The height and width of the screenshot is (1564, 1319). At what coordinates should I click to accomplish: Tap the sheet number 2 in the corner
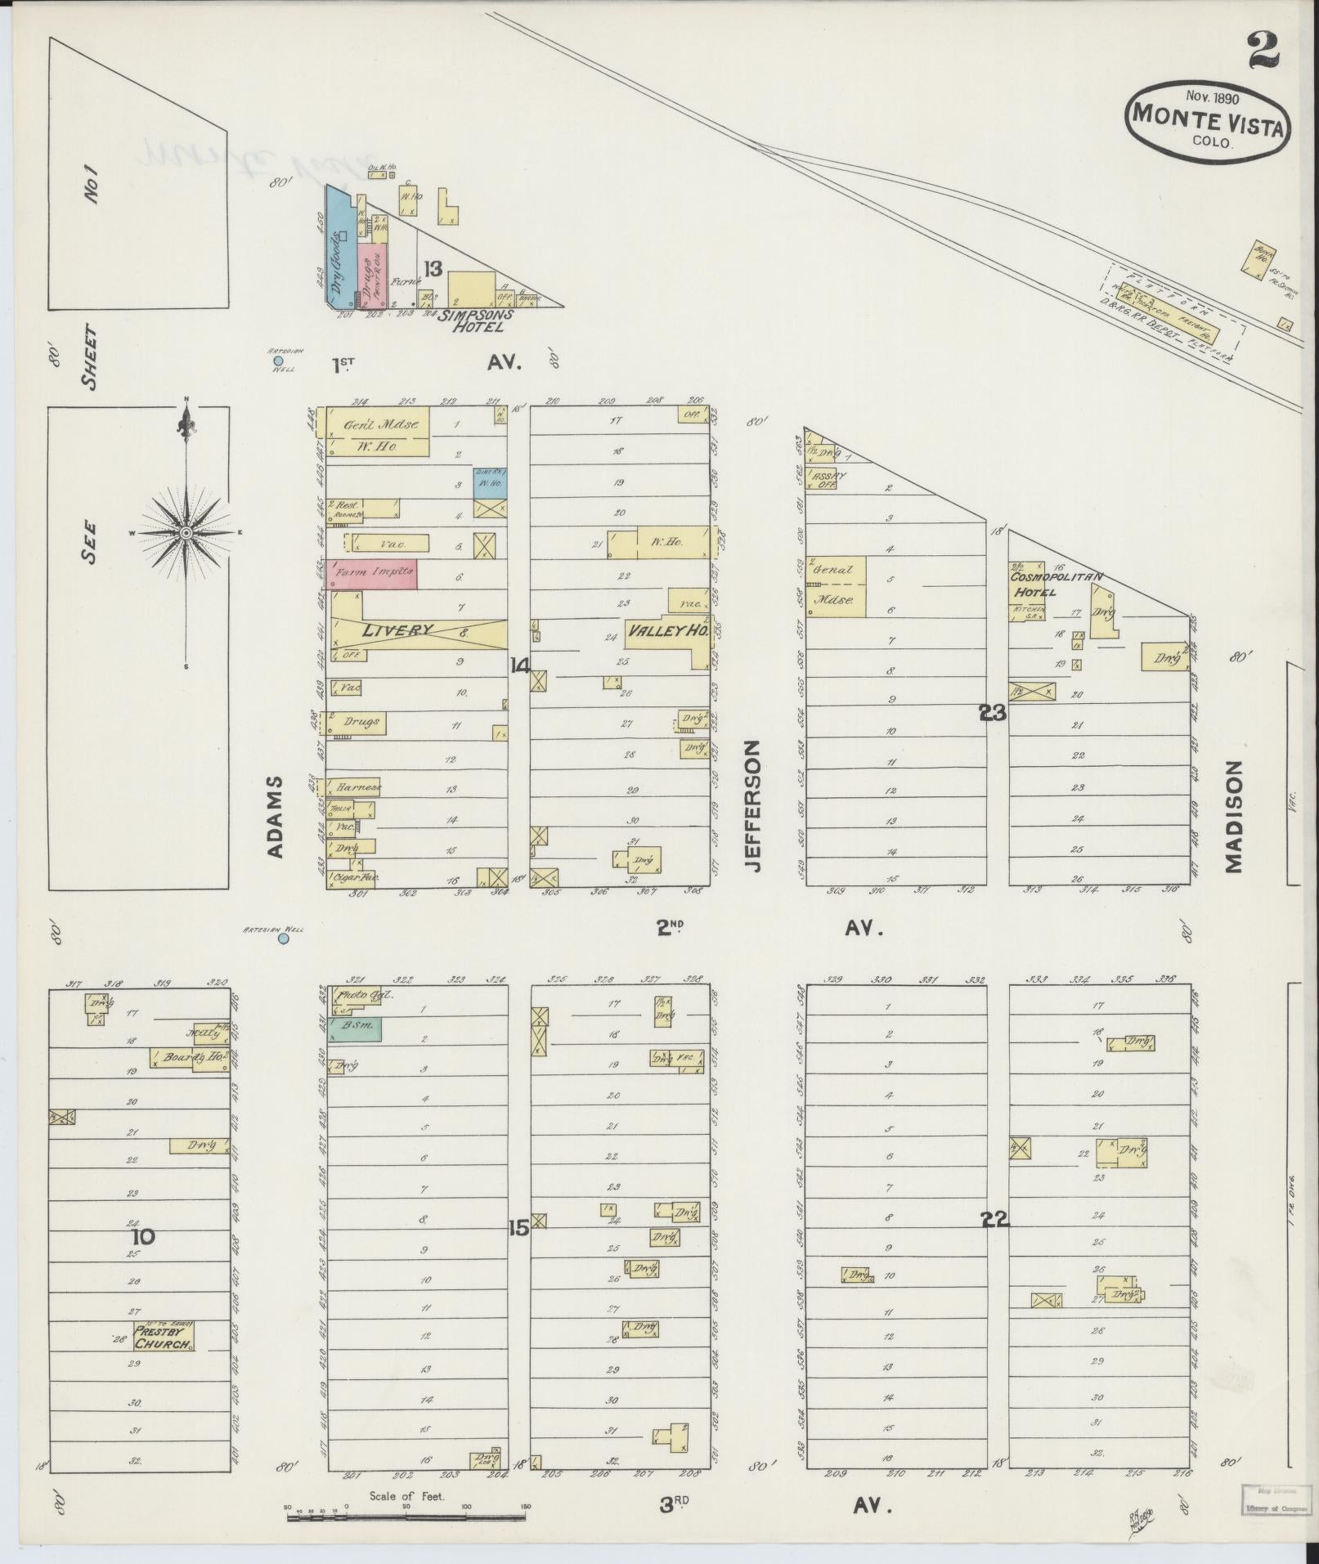click(x=1263, y=50)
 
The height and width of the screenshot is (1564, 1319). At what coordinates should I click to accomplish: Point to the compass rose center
click(x=186, y=532)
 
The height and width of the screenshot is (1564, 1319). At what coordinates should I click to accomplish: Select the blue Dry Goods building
click(x=337, y=246)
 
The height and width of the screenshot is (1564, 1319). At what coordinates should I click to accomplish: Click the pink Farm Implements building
click(x=372, y=574)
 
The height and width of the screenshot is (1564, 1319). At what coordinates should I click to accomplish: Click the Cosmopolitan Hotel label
click(x=1056, y=583)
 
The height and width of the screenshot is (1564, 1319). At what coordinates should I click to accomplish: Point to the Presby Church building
click(x=164, y=1336)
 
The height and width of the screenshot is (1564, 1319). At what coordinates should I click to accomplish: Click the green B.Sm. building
click(x=354, y=1028)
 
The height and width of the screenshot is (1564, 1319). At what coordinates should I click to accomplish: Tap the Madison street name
click(x=1234, y=817)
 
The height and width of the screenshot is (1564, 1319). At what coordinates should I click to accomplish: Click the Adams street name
click(x=275, y=817)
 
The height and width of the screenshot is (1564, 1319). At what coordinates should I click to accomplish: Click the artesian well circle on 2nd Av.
click(x=284, y=939)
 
